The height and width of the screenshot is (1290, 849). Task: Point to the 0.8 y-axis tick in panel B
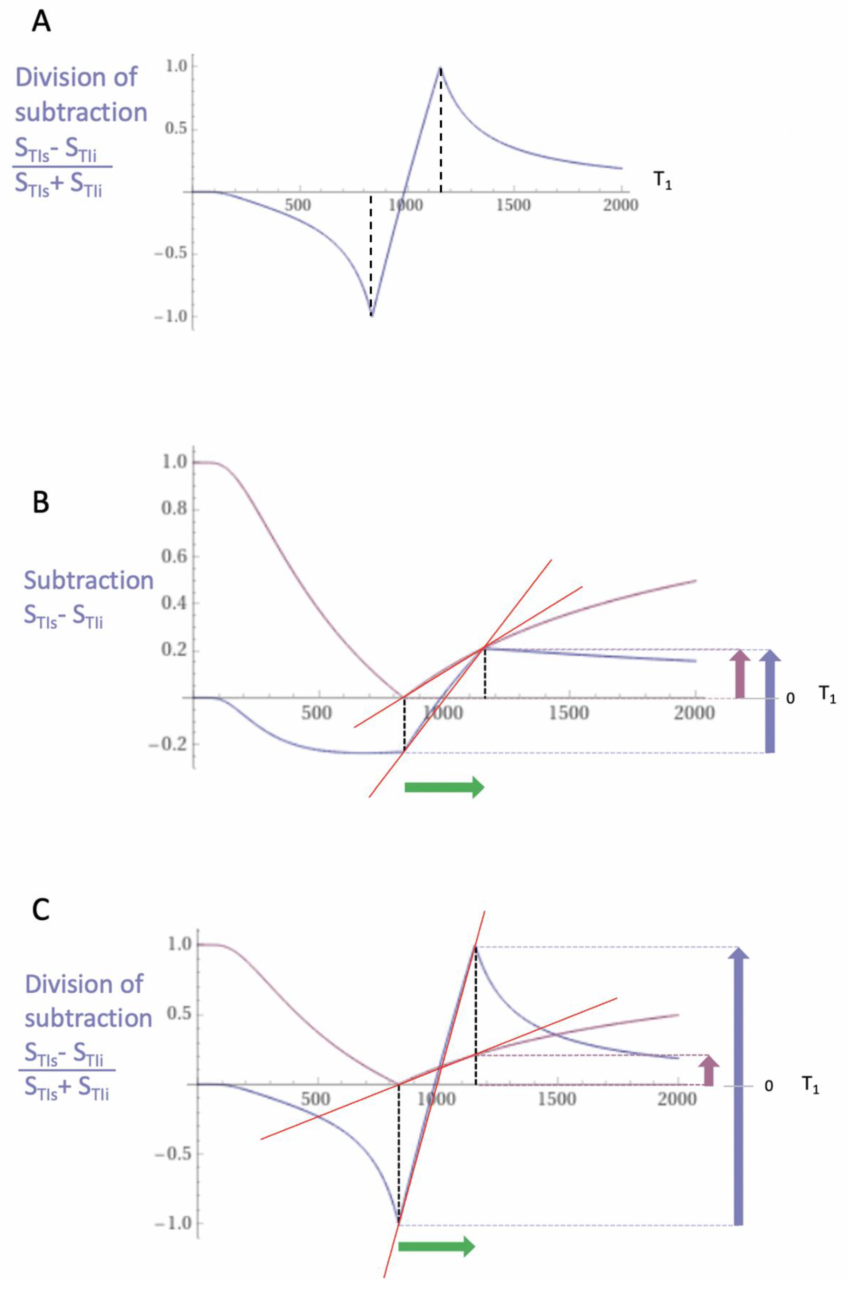pos(174,510)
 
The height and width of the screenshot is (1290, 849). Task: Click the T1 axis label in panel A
pos(662,181)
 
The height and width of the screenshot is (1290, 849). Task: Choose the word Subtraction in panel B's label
pos(89,580)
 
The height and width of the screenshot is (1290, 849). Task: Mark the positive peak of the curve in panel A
pos(440,68)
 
